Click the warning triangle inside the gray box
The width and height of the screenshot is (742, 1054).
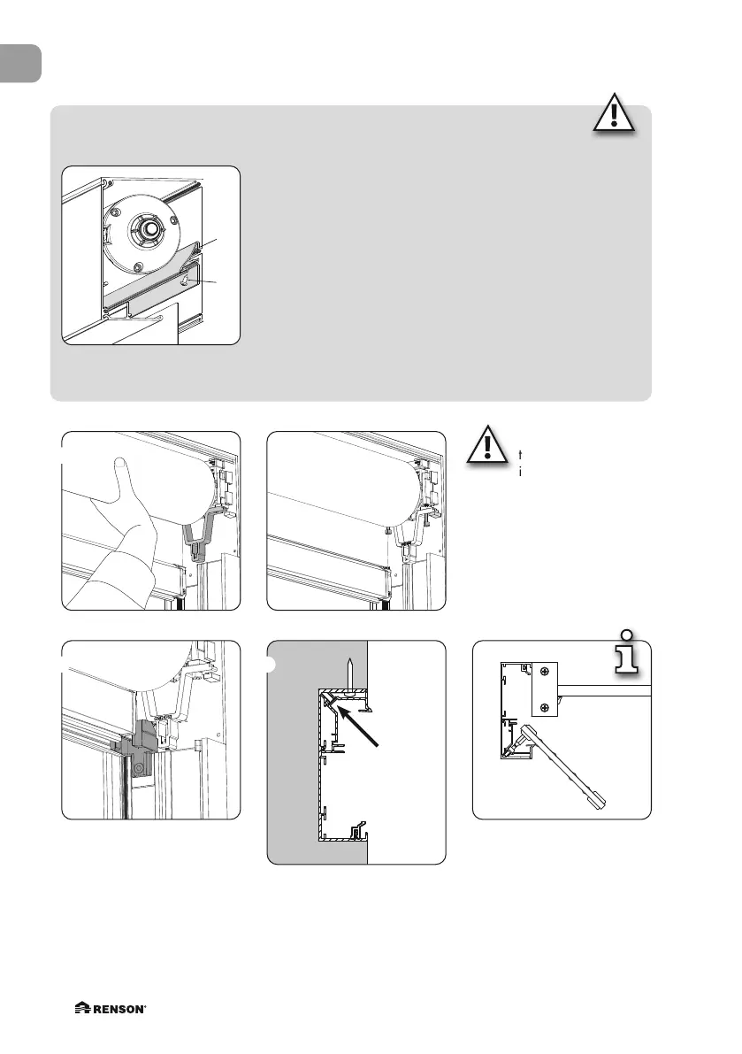[x=613, y=114]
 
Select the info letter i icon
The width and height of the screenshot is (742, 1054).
[x=627, y=656]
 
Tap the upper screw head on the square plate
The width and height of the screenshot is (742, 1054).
[x=545, y=672]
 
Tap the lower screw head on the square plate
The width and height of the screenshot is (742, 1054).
[x=545, y=705]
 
